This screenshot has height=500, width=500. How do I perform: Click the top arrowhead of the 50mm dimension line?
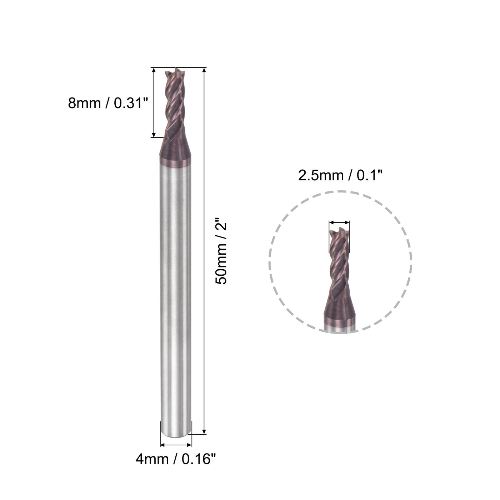coord(204,70)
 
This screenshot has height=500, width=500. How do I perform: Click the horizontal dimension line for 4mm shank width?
coord(176,445)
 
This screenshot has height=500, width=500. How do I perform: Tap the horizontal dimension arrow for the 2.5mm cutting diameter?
coord(339,223)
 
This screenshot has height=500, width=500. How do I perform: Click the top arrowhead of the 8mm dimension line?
coord(154,70)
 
